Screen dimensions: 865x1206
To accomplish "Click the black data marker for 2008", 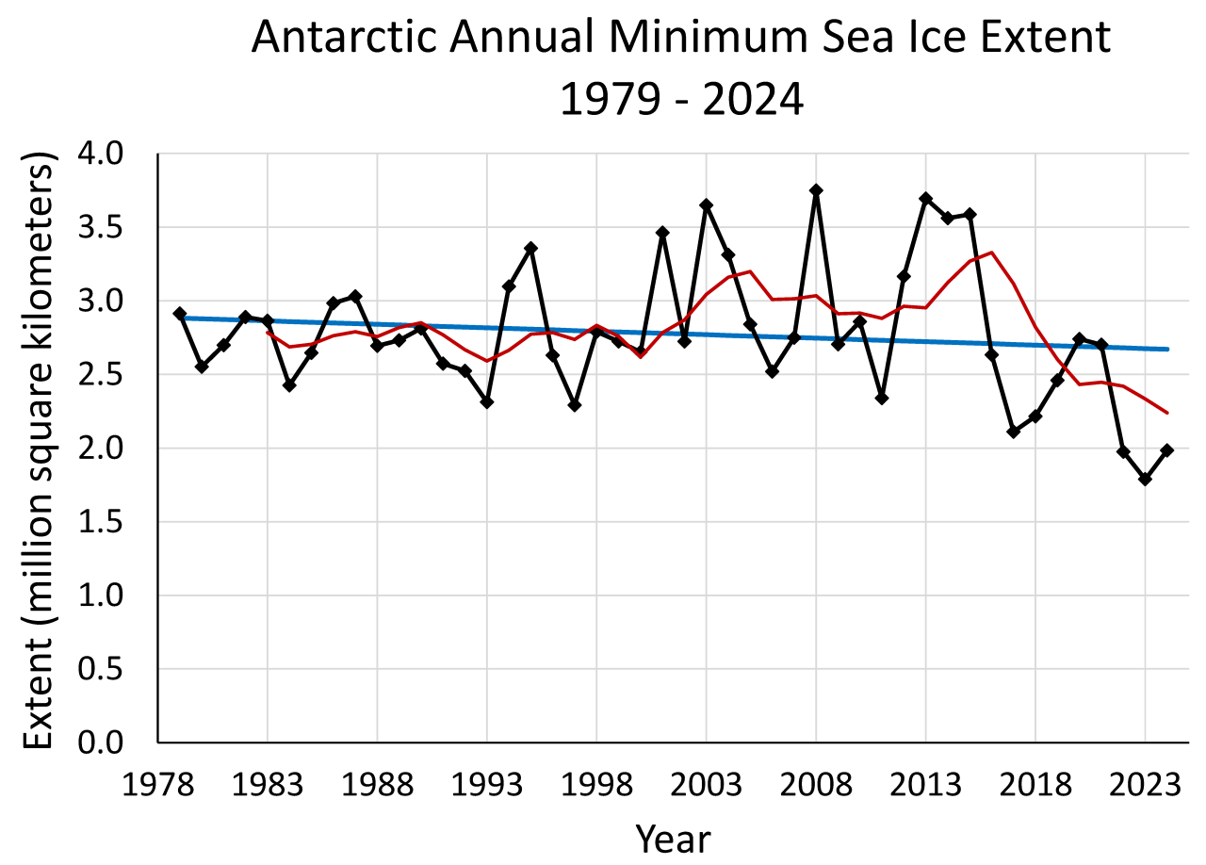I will [816, 190].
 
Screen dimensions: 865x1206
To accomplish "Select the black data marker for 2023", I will [1145, 479].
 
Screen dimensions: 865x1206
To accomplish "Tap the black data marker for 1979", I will [180, 313].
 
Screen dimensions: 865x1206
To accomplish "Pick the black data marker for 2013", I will [925, 199].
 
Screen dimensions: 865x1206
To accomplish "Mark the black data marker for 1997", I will [575, 405].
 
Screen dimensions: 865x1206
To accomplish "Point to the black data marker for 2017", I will [1013, 432].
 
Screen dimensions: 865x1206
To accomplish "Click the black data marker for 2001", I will [662, 232].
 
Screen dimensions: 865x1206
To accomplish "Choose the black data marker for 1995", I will [530, 248].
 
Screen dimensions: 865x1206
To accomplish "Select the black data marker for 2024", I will [1166, 450].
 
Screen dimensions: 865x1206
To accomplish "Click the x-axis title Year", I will [673, 838].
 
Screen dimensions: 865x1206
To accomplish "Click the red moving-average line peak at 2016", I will [991, 252].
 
